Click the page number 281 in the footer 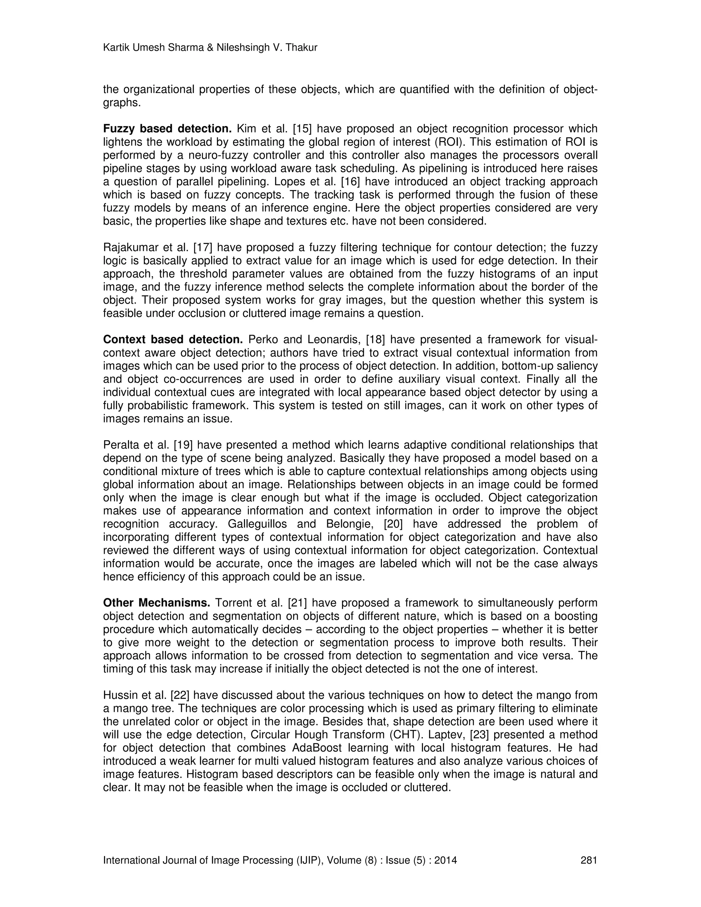[588, 860]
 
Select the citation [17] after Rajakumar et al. [203, 247]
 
